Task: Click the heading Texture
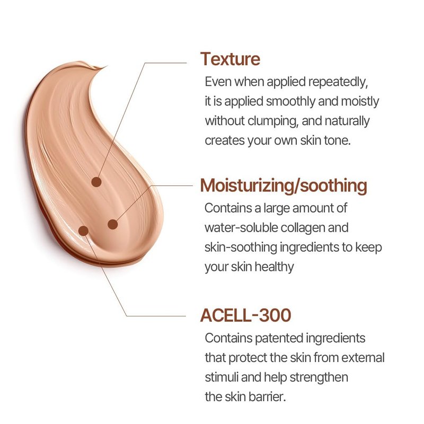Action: tap(230, 59)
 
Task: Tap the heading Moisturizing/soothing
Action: tap(284, 186)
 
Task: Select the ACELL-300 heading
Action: tap(245, 315)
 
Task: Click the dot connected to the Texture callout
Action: tap(96, 182)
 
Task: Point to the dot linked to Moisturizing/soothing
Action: tap(113, 224)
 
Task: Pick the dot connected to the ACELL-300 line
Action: tap(84, 231)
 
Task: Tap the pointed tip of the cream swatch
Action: tap(108, 66)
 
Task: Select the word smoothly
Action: tap(290, 102)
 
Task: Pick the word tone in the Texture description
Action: tap(337, 140)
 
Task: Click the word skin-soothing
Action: tap(241, 248)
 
